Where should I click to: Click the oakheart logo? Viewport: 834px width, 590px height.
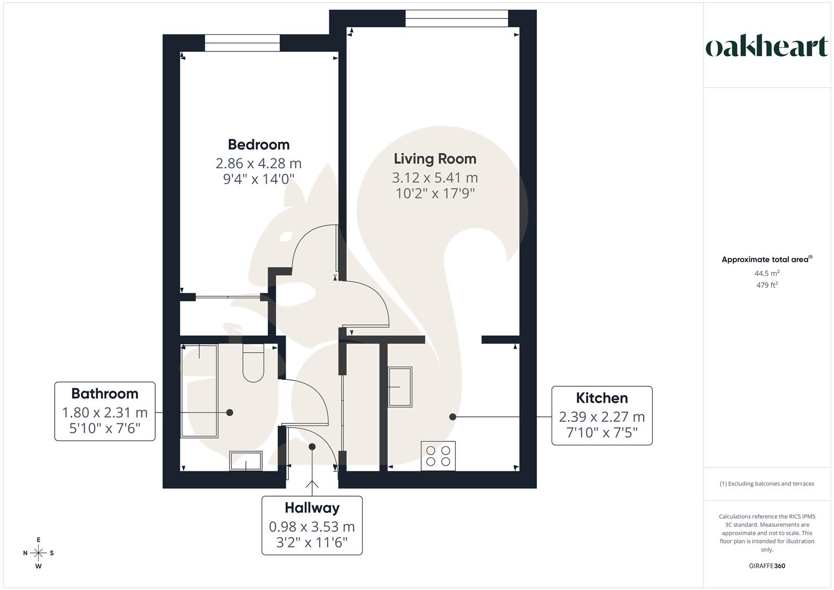click(767, 47)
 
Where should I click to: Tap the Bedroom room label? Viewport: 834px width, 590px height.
click(258, 145)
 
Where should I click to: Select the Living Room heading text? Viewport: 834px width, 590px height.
click(435, 159)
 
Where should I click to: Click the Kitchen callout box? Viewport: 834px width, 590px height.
click(602, 416)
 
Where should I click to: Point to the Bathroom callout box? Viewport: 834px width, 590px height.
click(105, 411)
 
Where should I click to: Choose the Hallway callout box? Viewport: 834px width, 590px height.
click(312, 526)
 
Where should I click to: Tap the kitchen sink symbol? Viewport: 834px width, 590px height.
click(400, 386)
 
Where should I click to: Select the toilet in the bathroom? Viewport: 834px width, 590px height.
click(253, 363)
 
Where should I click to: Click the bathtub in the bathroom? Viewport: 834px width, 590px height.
click(199, 391)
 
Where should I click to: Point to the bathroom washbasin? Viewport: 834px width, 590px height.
click(246, 461)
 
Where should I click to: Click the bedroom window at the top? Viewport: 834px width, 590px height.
click(242, 43)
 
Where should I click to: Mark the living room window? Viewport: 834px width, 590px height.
click(457, 19)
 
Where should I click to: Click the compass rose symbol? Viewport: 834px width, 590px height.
click(38, 553)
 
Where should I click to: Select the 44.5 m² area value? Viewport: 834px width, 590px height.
click(767, 273)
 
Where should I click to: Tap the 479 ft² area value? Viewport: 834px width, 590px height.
click(767, 285)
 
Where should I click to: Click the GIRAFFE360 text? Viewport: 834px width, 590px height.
click(767, 566)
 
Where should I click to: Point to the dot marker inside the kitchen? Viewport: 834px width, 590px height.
click(453, 417)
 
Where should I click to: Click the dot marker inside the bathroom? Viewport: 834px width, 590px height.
click(230, 412)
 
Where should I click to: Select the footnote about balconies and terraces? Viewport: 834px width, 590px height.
click(767, 483)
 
